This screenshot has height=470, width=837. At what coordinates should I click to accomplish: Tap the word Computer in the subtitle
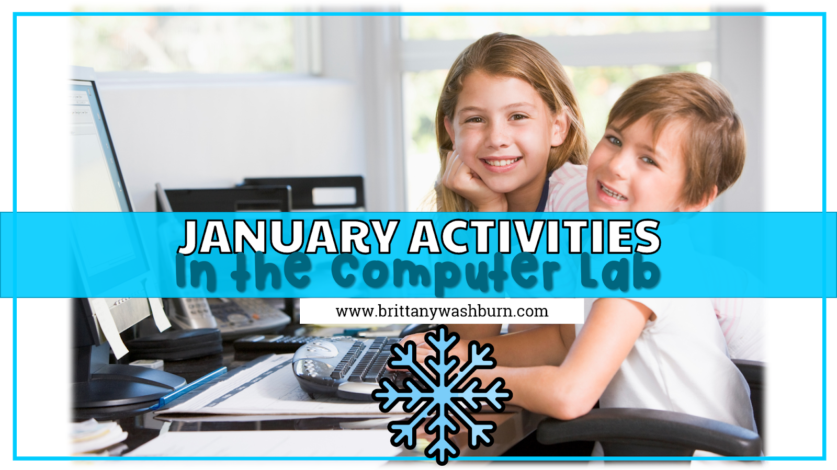click(445, 272)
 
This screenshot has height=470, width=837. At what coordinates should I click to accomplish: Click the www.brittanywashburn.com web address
click(442, 312)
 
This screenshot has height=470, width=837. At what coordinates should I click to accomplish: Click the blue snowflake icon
click(442, 395)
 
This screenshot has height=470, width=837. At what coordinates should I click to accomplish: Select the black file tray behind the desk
click(303, 193)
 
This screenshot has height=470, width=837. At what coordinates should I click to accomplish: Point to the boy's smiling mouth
click(613, 192)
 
